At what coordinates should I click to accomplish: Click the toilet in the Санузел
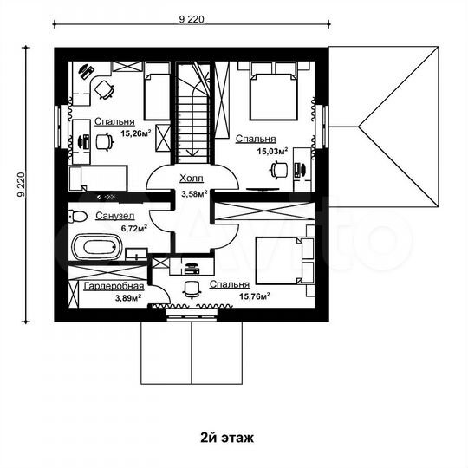(x=78, y=216)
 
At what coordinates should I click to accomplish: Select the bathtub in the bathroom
(x=98, y=247)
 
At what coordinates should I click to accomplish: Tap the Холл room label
(x=192, y=179)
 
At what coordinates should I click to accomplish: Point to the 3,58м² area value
(x=194, y=193)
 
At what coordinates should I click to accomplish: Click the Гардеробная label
(x=114, y=286)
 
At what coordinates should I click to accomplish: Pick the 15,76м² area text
(x=255, y=296)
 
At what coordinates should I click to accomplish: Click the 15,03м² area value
(x=272, y=151)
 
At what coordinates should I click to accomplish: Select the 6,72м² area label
(x=133, y=229)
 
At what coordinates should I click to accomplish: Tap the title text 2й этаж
(x=227, y=439)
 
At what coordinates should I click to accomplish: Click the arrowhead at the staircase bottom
(x=192, y=153)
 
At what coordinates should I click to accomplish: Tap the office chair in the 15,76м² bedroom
(x=191, y=289)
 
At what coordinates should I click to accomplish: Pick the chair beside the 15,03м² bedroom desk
(x=279, y=170)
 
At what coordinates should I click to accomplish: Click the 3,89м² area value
(x=128, y=298)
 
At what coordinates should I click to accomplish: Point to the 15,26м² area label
(x=136, y=133)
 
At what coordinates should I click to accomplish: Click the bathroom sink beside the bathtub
(x=136, y=254)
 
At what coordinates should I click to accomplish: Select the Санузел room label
(x=115, y=216)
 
